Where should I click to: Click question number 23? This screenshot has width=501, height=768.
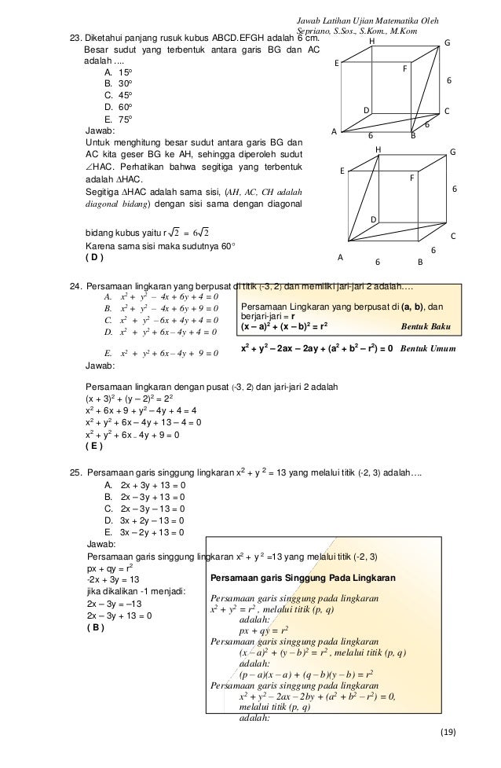click(x=76, y=38)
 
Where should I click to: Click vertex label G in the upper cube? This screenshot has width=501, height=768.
click(x=447, y=44)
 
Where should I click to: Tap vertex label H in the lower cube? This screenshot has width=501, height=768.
click(x=378, y=149)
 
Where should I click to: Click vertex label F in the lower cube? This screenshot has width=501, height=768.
click(x=411, y=178)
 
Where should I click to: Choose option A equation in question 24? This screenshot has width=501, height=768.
click(x=161, y=297)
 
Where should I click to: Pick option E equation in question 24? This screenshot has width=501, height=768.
click(x=161, y=353)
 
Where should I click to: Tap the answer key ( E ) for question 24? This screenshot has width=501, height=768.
click(x=93, y=446)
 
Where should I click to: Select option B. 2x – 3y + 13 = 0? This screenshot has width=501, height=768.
click(x=144, y=498)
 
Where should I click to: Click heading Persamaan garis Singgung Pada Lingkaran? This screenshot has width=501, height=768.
click(x=303, y=579)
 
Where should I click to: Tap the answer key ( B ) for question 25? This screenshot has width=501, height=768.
click(x=93, y=627)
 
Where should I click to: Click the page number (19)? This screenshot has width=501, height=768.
click(x=447, y=733)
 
